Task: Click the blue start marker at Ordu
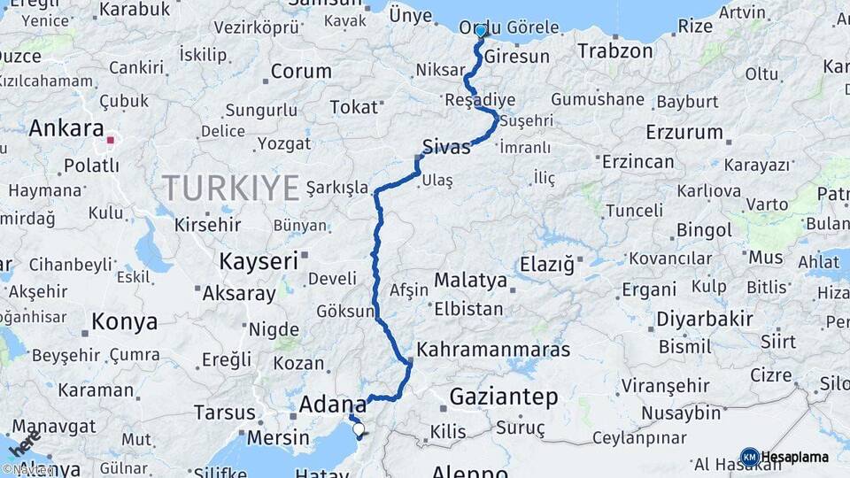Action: tap(481, 32)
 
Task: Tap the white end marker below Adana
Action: tap(359, 430)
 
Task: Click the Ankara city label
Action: tap(67, 129)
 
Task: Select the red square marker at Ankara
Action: tap(111, 140)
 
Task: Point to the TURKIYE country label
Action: tap(231, 188)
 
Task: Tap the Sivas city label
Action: tap(446, 147)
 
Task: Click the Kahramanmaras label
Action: tap(493, 350)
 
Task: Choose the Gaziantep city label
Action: tap(504, 397)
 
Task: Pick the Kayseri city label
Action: tap(258, 261)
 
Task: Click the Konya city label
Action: tap(125, 321)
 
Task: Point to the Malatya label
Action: tap(470, 281)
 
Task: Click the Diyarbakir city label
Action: tap(705, 320)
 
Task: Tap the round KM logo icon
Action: tap(749, 457)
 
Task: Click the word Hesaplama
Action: tap(795, 458)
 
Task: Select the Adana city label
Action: tap(333, 405)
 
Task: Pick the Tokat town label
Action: tap(354, 107)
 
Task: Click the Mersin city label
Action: tap(279, 437)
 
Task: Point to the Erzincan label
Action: tap(637, 162)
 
